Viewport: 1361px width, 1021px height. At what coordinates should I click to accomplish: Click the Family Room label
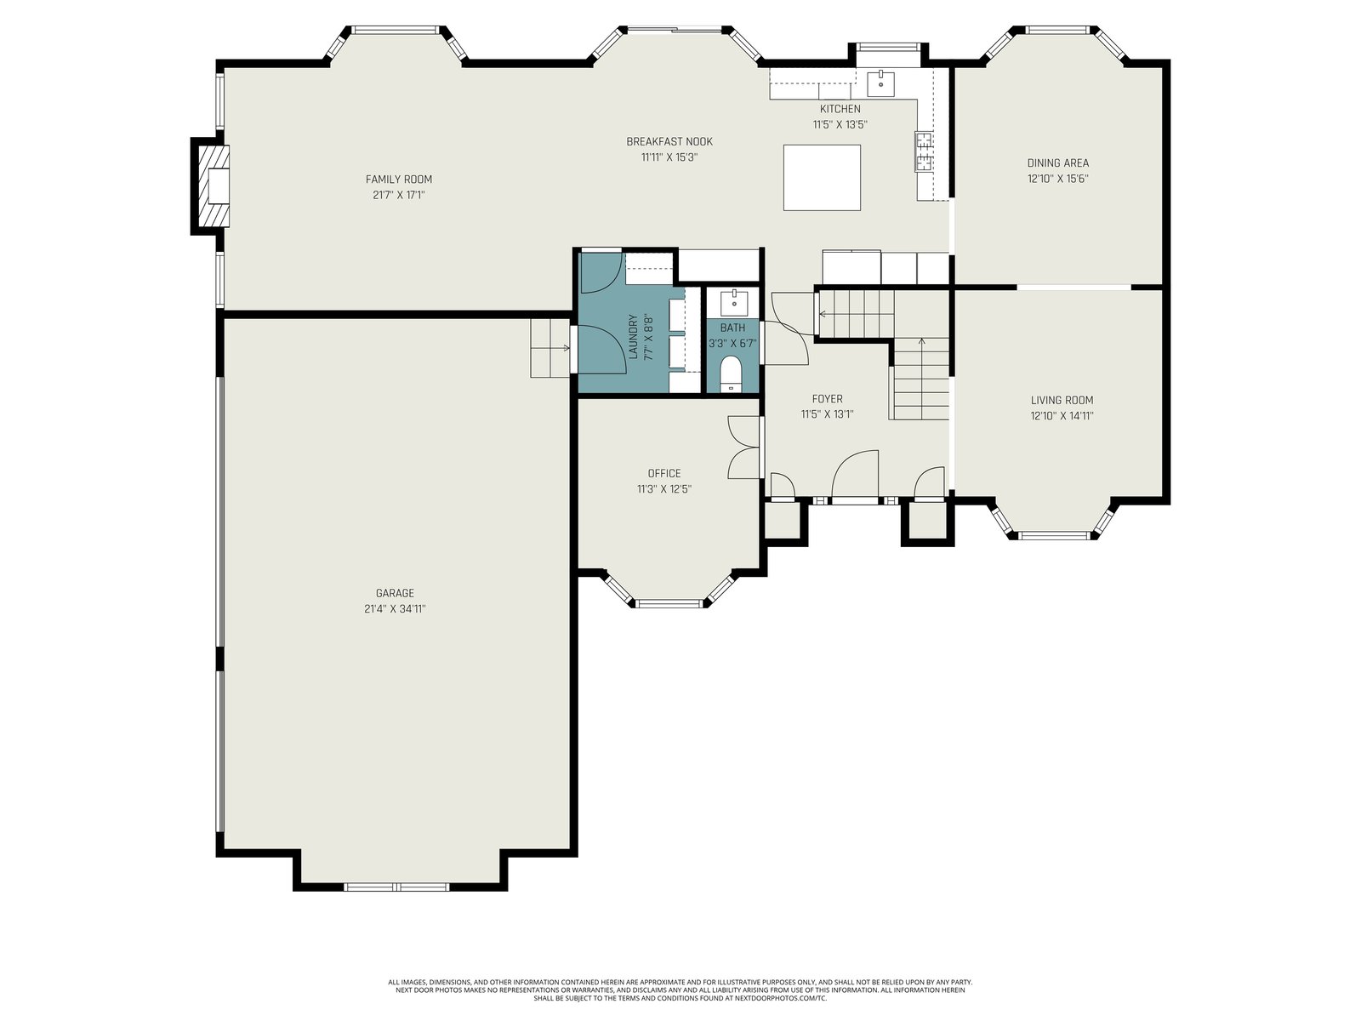pos(399,180)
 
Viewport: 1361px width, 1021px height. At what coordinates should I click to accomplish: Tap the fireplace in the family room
pos(211,186)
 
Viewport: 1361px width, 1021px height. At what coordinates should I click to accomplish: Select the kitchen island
pos(822,177)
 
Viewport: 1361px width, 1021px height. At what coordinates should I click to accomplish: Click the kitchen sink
pos(880,83)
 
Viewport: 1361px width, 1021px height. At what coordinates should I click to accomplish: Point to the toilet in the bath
pos(731,374)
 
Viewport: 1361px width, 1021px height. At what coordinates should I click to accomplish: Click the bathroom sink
pos(734,303)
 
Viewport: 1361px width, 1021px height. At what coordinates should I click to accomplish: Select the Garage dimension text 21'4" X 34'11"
pos(395,608)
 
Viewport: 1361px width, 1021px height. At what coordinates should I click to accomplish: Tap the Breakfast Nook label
pos(669,141)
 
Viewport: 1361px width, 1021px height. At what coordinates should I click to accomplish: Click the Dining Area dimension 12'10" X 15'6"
pos(1058,179)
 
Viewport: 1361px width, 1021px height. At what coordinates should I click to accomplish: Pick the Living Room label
pos(1062,400)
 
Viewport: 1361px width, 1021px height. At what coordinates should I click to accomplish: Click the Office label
pos(664,473)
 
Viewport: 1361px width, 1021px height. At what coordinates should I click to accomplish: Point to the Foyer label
pos(827,398)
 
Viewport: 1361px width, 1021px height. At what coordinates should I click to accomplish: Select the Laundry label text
pos(633,337)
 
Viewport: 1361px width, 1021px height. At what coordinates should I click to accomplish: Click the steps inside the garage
pos(550,348)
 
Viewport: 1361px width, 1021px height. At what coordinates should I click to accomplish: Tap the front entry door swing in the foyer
pos(855,474)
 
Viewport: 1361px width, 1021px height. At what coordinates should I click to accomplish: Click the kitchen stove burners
pos(924,151)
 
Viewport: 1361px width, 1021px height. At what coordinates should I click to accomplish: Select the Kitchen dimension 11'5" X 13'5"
pos(840,124)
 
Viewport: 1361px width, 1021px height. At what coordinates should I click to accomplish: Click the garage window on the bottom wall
pos(396,887)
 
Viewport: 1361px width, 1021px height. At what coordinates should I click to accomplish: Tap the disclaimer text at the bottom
pos(680,990)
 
